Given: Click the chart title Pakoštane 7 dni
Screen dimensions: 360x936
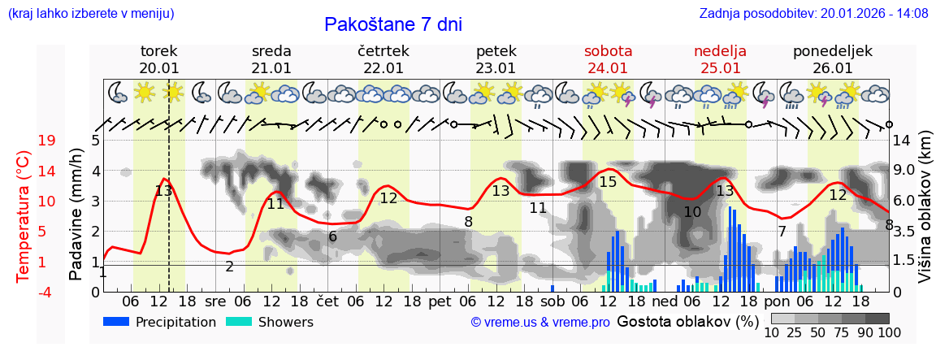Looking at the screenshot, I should coord(392,24).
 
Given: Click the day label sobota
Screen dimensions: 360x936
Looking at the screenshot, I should coord(608,51).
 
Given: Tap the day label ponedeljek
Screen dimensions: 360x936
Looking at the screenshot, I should coord(832,51).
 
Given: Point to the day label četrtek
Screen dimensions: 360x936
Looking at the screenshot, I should coord(383,51).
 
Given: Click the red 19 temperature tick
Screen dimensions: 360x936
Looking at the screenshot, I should coord(47,140).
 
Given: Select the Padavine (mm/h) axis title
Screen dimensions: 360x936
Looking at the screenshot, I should coord(76,215).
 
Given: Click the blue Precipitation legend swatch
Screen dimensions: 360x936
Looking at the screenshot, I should coord(117,322).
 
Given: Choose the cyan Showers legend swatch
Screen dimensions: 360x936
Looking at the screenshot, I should coord(239,322).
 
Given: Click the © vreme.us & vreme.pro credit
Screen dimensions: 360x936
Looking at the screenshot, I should coord(540,323).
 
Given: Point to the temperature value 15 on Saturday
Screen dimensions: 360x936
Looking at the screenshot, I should coord(608,182).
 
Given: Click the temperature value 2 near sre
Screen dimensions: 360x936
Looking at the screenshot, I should coord(229,267).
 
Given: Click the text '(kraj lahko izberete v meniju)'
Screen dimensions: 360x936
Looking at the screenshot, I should coord(90,14).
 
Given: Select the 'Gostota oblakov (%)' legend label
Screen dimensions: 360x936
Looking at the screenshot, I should coord(687,322).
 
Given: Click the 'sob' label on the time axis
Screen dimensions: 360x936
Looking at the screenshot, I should coord(552,301).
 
